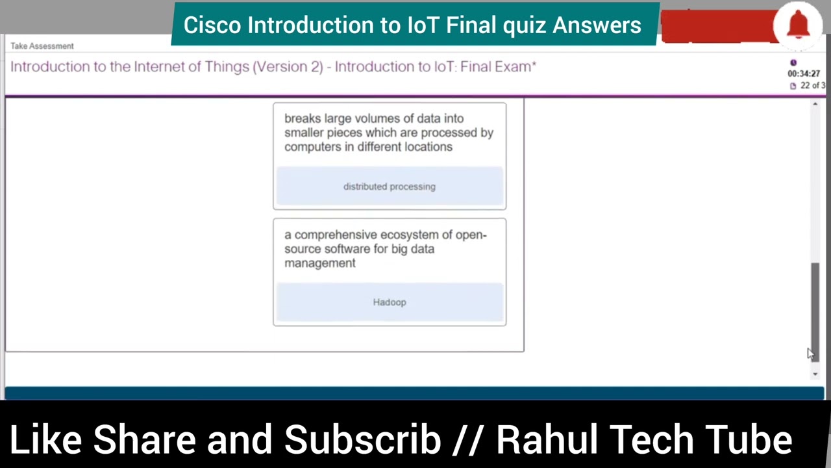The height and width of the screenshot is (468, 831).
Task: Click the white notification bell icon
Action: [798, 25]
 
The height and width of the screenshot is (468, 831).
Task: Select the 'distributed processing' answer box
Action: [390, 187]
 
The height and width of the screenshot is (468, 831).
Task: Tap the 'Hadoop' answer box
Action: [390, 302]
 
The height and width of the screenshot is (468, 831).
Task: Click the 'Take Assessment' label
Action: [42, 46]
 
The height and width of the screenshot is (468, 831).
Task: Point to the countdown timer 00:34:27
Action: [804, 73]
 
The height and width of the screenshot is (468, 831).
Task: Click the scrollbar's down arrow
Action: [815, 374]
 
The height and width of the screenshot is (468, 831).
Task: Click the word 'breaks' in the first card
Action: [301, 118]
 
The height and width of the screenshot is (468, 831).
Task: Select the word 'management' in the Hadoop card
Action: [320, 263]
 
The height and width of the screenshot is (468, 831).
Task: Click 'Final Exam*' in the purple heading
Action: [498, 66]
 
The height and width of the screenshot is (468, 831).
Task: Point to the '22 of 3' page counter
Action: [812, 86]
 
